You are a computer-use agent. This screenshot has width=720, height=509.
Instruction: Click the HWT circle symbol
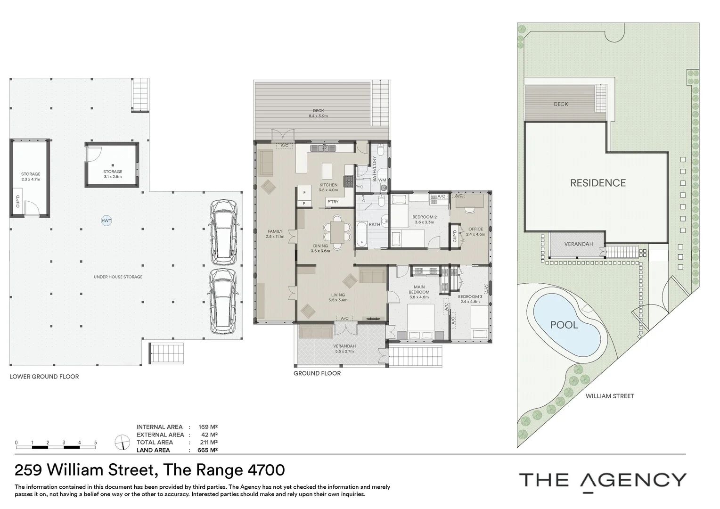coord(106,221)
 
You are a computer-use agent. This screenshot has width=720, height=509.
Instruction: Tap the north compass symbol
coord(122,442)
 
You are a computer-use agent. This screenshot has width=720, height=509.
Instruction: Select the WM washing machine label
coord(382,180)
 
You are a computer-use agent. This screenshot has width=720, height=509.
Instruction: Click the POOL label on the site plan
coord(564,325)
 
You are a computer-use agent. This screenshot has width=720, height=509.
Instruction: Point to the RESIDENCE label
coord(598,183)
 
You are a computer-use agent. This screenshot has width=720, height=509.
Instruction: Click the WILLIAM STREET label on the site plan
coord(610,396)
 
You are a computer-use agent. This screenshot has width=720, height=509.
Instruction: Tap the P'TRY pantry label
coord(333,202)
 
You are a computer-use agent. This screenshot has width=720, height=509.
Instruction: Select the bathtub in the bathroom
coord(361,234)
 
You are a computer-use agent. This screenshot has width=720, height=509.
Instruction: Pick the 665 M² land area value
coord(208,450)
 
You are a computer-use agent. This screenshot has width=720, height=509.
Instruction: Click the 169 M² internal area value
coord(208,427)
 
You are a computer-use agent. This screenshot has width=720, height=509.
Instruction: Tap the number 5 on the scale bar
coord(96,443)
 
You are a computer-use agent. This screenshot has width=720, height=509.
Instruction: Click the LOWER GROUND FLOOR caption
coord(44,377)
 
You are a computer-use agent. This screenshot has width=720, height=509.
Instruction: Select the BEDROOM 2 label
coord(425,217)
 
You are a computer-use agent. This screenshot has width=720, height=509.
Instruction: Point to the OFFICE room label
coord(476,229)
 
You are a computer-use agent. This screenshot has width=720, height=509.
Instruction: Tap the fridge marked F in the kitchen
coord(304,193)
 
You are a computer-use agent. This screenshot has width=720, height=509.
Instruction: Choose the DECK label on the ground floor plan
coord(318,111)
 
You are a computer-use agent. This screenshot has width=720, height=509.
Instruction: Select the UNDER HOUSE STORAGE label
coord(118,277)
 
